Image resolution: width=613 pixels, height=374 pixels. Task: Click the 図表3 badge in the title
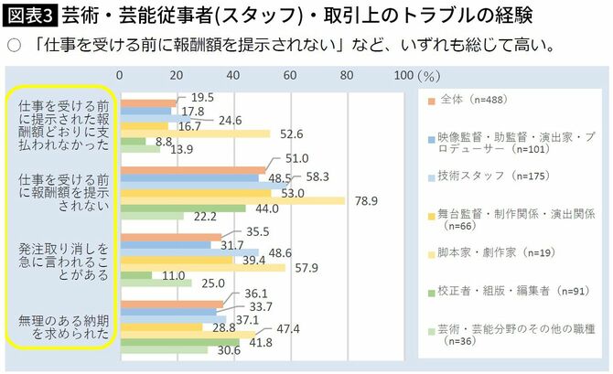click(29, 16)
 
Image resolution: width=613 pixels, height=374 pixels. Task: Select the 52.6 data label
click(291, 134)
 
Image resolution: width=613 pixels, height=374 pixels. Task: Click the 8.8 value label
click(165, 142)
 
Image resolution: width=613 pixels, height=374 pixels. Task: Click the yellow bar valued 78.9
click(232, 200)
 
